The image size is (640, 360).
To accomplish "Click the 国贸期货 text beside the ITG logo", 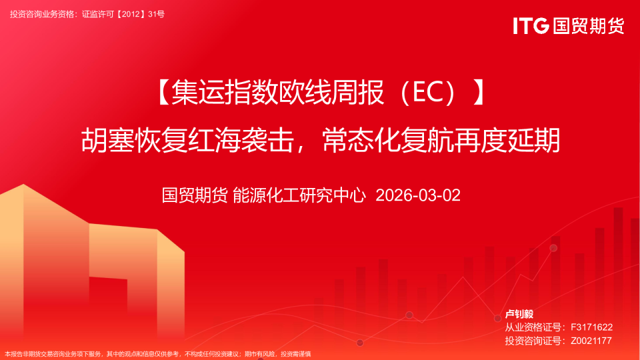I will coord(588,26).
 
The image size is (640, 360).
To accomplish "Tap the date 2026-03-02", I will coord(418,195).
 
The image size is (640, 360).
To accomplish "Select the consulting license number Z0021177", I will coord(591,341).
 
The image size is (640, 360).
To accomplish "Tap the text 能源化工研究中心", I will coord(299,195).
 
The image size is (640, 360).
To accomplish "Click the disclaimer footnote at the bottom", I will coord(158,354).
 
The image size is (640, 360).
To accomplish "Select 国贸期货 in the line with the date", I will coord(195,195).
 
